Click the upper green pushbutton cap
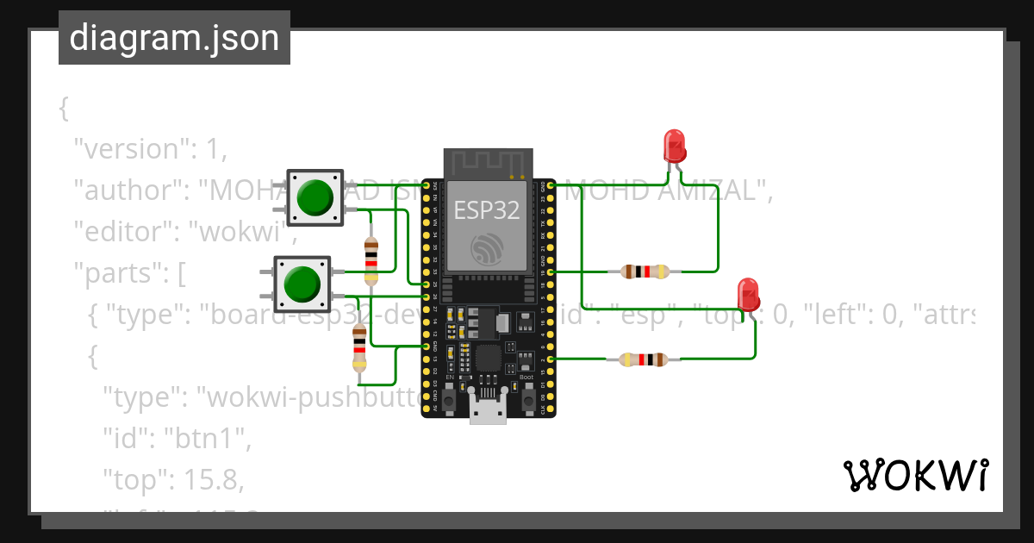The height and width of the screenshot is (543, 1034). tap(315, 198)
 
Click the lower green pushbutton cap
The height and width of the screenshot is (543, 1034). tap(302, 284)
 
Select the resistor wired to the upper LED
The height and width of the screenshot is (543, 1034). tap(645, 271)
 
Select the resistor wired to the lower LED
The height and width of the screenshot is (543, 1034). tap(645, 359)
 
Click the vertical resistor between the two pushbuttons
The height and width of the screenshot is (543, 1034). tap(371, 259)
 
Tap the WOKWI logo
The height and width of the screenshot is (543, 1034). tap(914, 475)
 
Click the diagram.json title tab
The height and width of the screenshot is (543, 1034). tap(174, 38)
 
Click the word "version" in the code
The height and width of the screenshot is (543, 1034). tap(132, 149)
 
